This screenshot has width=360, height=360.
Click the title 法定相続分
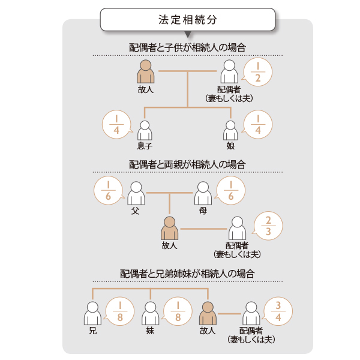(x=188, y=20)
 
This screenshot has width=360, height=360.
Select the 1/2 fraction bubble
(x=257, y=72)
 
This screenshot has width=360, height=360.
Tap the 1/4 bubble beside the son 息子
(x=117, y=124)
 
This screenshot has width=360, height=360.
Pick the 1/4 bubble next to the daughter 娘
(x=257, y=124)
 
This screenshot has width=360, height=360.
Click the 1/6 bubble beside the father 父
(x=109, y=190)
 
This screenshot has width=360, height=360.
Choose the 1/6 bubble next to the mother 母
(x=230, y=190)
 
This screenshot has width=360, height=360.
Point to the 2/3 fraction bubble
(x=268, y=226)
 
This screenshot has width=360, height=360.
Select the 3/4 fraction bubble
(x=278, y=311)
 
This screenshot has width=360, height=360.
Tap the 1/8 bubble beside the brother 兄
(x=119, y=311)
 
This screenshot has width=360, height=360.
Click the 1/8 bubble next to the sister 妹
(x=178, y=311)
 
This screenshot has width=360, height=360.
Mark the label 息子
(x=145, y=146)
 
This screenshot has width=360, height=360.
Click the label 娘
(x=230, y=146)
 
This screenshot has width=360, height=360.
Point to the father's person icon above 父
(x=136, y=193)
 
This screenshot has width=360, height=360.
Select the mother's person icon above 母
(x=203, y=193)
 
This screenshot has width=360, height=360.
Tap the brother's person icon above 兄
(x=92, y=313)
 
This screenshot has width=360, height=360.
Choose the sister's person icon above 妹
(x=151, y=313)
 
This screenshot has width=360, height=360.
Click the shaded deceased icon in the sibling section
(x=208, y=313)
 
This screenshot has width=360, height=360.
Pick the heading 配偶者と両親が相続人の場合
(x=187, y=164)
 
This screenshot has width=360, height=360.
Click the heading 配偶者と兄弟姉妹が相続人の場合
(x=187, y=274)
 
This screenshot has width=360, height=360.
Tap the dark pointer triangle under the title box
(x=188, y=35)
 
